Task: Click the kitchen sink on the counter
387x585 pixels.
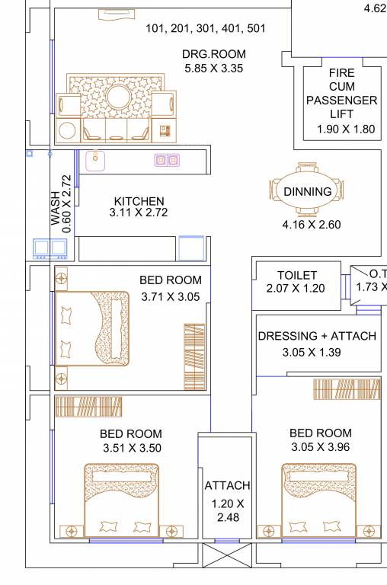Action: [x=96, y=160]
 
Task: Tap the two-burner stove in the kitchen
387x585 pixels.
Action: [x=167, y=160]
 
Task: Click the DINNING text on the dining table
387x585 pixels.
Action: [x=308, y=192]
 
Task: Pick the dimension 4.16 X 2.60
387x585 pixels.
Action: [x=311, y=225]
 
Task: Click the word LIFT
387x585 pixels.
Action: [x=341, y=113]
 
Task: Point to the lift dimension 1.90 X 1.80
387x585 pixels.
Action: [x=346, y=129]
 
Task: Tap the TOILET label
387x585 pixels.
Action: [x=297, y=276]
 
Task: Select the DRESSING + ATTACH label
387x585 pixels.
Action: [x=317, y=336]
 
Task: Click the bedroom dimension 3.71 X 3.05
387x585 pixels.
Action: [x=171, y=296]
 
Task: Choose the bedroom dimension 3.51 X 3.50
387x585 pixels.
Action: [x=131, y=449]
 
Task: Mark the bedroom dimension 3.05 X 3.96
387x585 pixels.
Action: [x=320, y=447]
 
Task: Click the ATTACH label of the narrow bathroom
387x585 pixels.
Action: [x=227, y=485]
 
